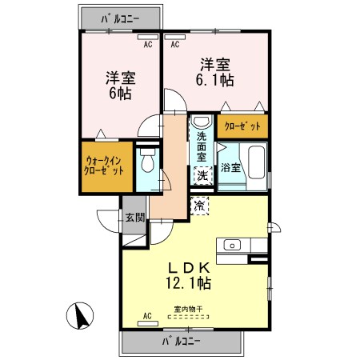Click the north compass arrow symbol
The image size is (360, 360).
80,316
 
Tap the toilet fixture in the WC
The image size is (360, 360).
147,161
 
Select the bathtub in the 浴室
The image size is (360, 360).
256,162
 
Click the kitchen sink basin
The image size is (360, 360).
232,245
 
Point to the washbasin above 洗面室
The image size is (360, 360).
201,122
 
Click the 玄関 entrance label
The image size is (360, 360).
135,218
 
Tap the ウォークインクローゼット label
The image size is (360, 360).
104,166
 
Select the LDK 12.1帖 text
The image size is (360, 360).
189,275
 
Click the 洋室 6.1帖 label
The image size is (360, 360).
215,72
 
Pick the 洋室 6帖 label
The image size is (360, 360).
121,86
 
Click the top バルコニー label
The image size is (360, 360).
120,19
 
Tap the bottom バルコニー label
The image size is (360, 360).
181,342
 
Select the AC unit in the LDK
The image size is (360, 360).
148,323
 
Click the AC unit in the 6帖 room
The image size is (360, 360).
148,37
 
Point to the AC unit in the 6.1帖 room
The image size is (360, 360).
175,37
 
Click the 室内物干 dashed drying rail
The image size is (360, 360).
188,317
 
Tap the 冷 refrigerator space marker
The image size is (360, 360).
199,206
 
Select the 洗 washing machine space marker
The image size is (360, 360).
202,175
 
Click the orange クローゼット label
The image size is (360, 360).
242,126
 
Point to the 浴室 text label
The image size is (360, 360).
230,168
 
